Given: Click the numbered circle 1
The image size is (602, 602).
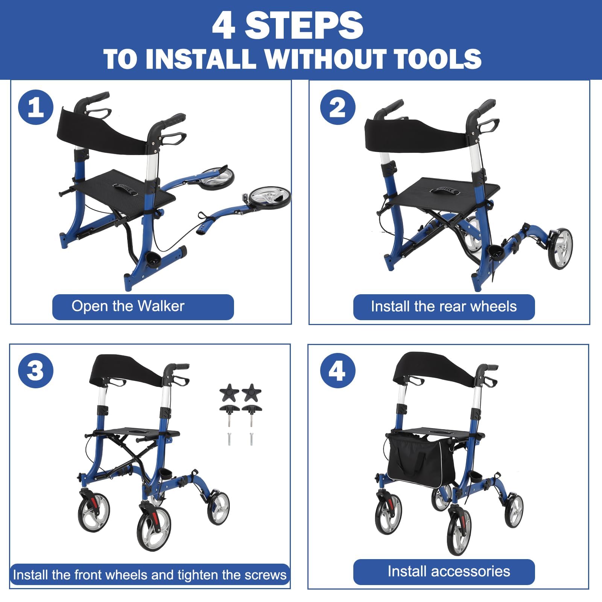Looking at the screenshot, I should (36, 107).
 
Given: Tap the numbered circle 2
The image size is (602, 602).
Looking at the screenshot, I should (337, 107).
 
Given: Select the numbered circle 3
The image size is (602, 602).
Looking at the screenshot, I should (36, 371).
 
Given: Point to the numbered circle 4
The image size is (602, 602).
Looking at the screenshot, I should (337, 371).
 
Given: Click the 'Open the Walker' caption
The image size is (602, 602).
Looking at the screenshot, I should (128, 307).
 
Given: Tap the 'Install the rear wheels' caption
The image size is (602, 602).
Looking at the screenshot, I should (444, 307).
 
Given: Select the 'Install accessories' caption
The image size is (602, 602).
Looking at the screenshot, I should (448, 572).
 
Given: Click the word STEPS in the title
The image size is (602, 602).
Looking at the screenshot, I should (304, 26).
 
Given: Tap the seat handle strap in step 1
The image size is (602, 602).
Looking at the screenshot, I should (125, 189).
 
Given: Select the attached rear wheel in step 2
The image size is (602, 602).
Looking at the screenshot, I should (560, 248).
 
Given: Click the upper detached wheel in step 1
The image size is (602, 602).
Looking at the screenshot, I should (217, 176).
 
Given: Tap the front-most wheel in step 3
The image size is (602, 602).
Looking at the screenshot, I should (154, 526).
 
